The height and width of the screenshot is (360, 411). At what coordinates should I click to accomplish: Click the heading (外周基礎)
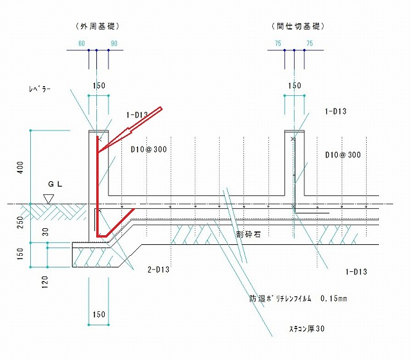(98, 26)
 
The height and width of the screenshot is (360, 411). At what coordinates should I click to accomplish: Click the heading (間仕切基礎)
(298, 26)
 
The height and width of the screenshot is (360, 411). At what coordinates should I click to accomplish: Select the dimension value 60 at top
(82, 43)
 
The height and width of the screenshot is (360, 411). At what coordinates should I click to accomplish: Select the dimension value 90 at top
(114, 43)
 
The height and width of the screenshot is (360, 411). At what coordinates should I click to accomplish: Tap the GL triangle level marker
(49, 199)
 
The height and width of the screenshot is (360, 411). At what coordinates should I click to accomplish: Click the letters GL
(55, 184)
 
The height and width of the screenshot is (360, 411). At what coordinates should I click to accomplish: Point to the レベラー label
(40, 89)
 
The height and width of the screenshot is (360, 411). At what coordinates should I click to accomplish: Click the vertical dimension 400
(20, 167)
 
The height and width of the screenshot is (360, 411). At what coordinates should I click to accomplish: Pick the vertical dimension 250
(20, 222)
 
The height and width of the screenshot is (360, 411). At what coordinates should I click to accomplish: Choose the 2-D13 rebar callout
(159, 269)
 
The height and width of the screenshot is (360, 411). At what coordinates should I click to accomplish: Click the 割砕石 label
(248, 234)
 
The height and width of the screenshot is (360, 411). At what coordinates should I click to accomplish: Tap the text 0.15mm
(334, 298)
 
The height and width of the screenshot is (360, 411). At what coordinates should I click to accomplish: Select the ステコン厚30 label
(307, 328)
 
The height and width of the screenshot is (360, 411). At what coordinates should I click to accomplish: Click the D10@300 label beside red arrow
(148, 149)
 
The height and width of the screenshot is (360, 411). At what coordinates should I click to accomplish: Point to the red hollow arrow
(130, 130)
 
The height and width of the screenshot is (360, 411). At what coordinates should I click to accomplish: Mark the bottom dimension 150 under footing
(99, 314)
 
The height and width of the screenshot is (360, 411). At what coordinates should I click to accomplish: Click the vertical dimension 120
(45, 282)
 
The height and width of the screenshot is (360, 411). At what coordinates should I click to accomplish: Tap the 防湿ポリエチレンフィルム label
(280, 298)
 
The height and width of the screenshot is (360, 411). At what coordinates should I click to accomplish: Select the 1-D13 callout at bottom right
(356, 271)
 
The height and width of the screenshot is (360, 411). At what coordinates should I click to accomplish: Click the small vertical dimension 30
(46, 232)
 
